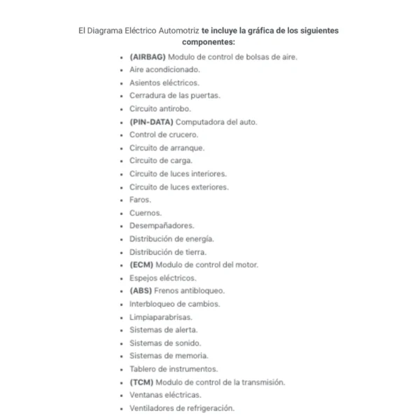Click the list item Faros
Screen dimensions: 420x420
(140, 200)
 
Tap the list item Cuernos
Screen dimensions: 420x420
(145, 213)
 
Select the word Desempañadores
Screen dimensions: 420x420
(162, 225)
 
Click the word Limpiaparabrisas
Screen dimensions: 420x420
(160, 317)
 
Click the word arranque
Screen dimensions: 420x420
(187, 148)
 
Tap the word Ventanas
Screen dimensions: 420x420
(146, 395)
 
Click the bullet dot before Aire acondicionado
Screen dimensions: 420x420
(122, 70)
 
